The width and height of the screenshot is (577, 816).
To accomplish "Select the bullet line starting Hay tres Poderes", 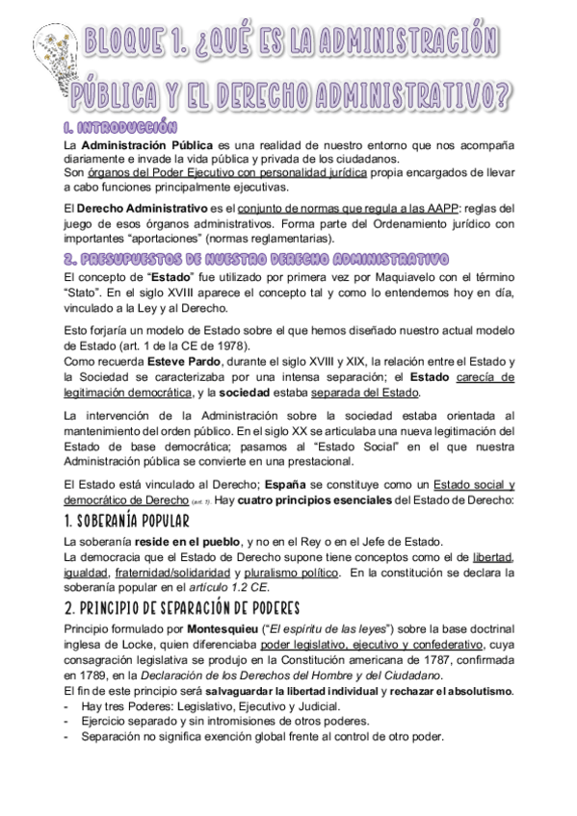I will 164,706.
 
